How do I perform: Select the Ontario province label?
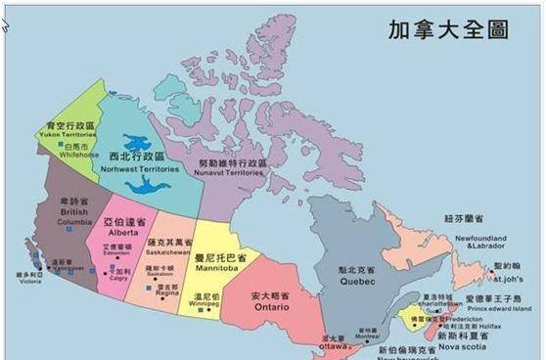tap(273, 304)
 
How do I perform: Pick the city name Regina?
tap(167, 292)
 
